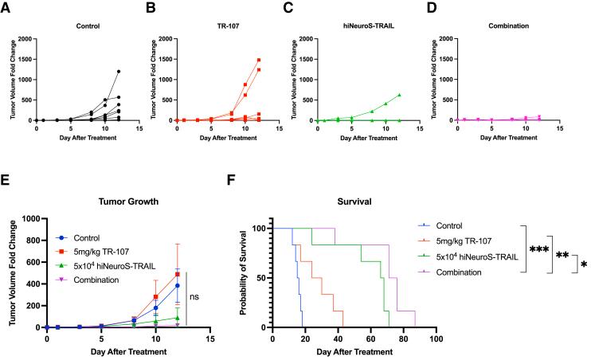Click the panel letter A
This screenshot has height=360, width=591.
pyautogui.click(x=6, y=7)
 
